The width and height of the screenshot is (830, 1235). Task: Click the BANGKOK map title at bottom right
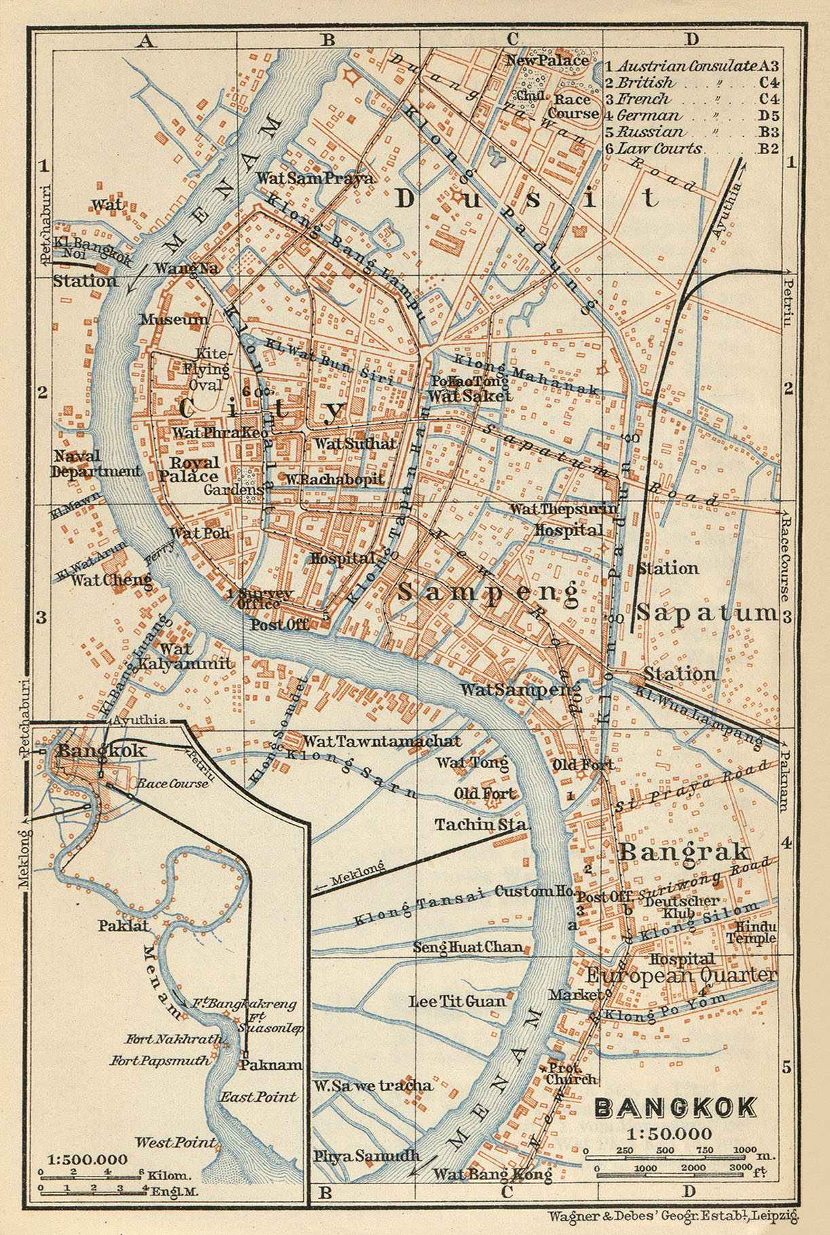tap(675, 1107)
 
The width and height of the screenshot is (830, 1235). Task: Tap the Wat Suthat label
tap(354, 444)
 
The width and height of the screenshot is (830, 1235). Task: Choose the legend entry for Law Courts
tap(659, 149)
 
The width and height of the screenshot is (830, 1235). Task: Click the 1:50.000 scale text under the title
tap(669, 1133)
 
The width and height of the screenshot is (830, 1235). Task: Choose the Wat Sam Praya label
tap(314, 179)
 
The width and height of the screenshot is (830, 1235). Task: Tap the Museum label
tap(174, 319)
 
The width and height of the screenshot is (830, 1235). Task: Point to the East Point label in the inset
tap(258, 1096)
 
